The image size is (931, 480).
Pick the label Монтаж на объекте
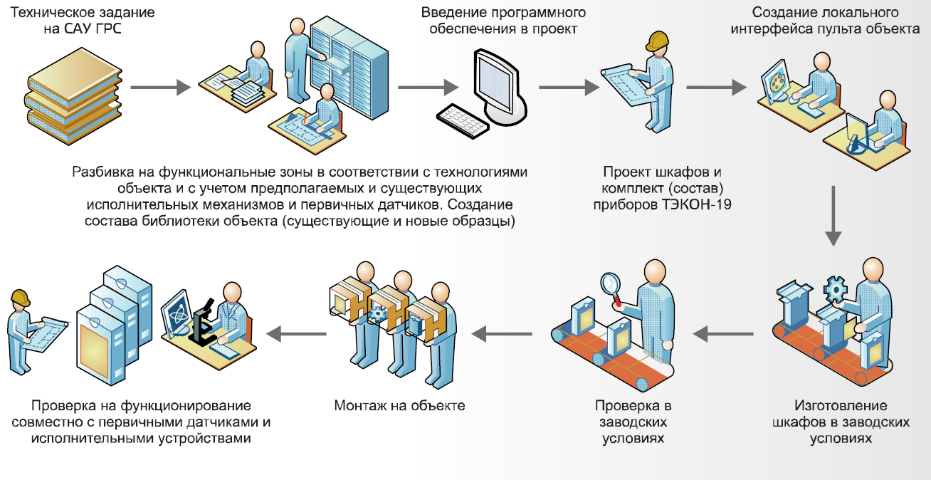coord(399,406)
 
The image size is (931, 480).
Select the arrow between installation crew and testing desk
coord(296,331)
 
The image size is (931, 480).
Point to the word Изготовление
coord(841,406)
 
